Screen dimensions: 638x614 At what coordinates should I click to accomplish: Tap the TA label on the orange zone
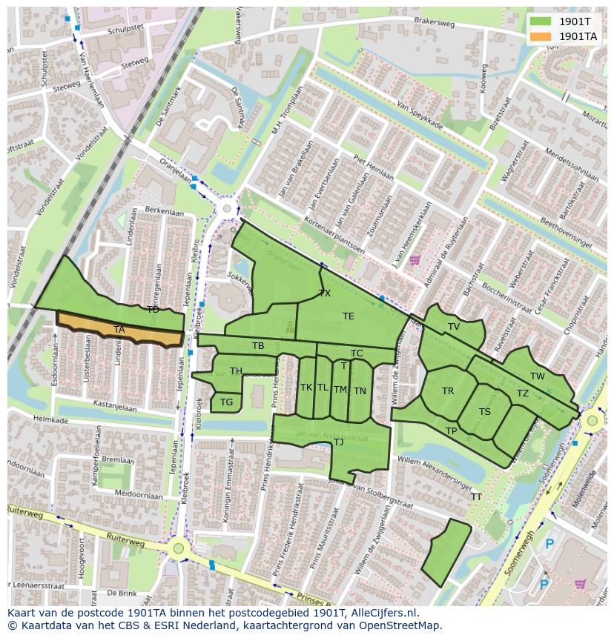[x=119, y=330]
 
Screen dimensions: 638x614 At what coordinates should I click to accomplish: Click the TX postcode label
[x=325, y=293]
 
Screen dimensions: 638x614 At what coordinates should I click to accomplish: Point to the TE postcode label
[x=349, y=316]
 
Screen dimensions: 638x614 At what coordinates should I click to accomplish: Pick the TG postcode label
[x=226, y=403]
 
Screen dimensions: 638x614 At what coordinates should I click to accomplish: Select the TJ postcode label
[x=338, y=442]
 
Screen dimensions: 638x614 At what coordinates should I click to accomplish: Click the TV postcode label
[x=454, y=327]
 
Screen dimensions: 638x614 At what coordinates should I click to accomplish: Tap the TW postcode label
[x=538, y=376]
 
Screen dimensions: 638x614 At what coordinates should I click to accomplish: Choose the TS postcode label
[x=485, y=412]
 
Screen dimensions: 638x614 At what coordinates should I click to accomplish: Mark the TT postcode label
[x=476, y=497]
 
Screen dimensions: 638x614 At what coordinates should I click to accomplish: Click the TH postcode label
[x=236, y=371]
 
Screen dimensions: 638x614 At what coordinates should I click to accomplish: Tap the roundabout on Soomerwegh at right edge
[x=592, y=421]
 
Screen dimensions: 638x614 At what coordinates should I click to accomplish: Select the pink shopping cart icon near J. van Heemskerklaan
[x=415, y=260]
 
